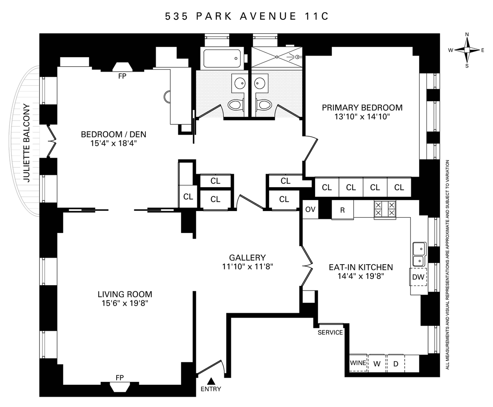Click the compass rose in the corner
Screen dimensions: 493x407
pos(467,50)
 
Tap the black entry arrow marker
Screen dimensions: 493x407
pos(211,381)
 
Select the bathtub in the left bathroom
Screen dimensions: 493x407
pos(222,58)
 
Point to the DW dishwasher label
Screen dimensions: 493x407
pos(418,277)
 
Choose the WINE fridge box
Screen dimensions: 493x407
pos(358,363)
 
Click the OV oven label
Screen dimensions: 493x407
pos(310,209)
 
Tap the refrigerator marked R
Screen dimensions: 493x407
pos(343,210)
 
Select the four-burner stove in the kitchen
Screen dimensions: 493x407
pos(385,209)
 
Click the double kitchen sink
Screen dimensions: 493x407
pos(419,254)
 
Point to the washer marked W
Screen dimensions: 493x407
pos(377,363)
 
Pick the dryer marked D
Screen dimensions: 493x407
pos(396,363)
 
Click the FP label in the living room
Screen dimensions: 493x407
pos(120,378)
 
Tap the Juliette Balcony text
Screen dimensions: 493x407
pos(27,143)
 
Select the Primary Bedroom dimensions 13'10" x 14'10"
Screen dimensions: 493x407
pos(362,116)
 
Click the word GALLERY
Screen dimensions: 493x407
pos(247,258)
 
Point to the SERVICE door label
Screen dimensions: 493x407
pos(330,333)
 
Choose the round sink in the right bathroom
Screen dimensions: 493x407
pos(260,83)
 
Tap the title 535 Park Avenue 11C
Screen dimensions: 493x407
pos(247,16)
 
